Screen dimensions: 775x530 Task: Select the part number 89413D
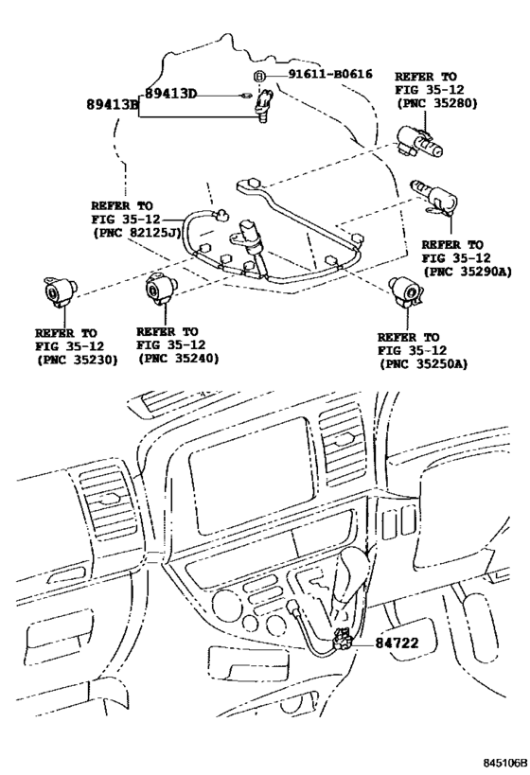[171, 94]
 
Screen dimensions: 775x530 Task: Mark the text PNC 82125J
[131, 232]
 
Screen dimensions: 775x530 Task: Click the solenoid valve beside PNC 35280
[424, 145]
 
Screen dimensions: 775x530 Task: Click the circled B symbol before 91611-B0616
[256, 76]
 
